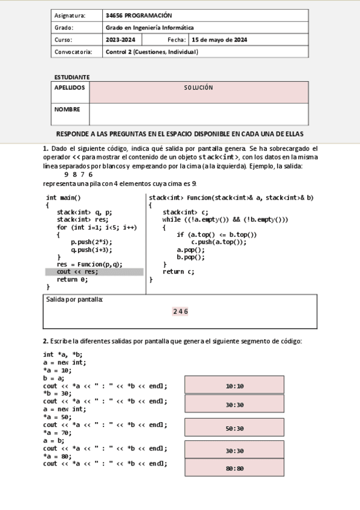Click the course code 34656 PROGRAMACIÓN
tap(138, 16)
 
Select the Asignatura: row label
tap(70, 16)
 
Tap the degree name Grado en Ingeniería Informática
tap(150, 28)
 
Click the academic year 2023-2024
tap(120, 40)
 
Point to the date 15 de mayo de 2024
tap(219, 40)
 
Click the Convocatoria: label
tap(73, 52)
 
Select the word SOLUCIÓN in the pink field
tap(198, 88)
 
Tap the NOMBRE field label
tap(67, 109)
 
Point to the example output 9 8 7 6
tap(78, 174)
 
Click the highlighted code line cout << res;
tap(78, 271)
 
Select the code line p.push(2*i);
tap(91, 242)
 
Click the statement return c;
tap(178, 271)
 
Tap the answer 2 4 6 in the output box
tap(180, 312)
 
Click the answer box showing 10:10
tap(234, 386)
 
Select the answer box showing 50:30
tap(234, 428)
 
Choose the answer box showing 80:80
tap(234, 468)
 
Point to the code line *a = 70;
tap(57, 432)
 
